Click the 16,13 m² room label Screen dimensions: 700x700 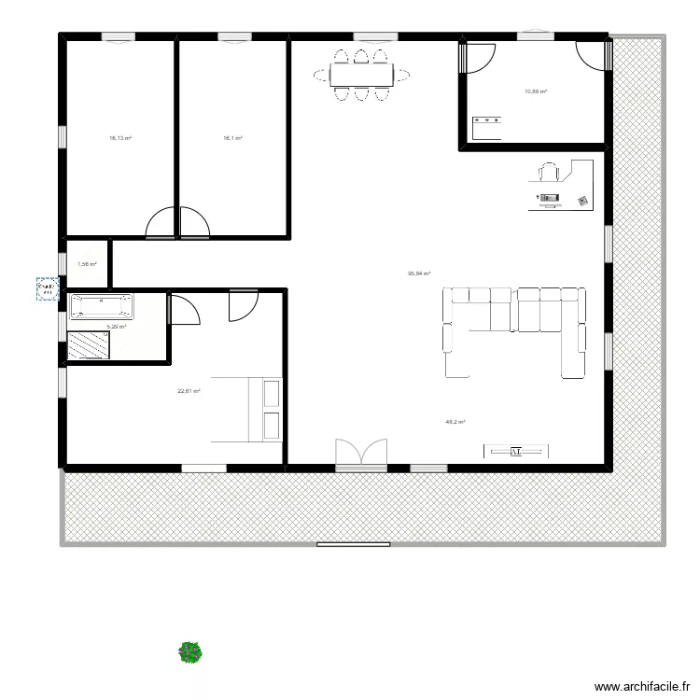[x=120, y=138]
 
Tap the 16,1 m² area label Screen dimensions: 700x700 [x=232, y=138]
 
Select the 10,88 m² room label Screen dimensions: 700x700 [x=536, y=91]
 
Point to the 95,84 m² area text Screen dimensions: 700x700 [x=418, y=273]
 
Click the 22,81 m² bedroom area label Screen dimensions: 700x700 [x=189, y=392]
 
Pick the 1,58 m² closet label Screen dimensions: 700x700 [x=87, y=264]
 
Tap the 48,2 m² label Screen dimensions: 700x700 [x=455, y=422]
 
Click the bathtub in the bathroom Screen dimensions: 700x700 [x=102, y=305]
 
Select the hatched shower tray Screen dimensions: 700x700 [x=91, y=344]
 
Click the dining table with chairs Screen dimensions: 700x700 [x=361, y=74]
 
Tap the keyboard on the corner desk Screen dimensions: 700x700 [x=549, y=197]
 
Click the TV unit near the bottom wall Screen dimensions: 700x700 [x=515, y=452]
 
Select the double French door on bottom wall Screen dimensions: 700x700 [x=361, y=454]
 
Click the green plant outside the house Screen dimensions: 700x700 [x=190, y=651]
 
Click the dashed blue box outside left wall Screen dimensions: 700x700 [x=45, y=289]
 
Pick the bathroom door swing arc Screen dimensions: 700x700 [x=185, y=311]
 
